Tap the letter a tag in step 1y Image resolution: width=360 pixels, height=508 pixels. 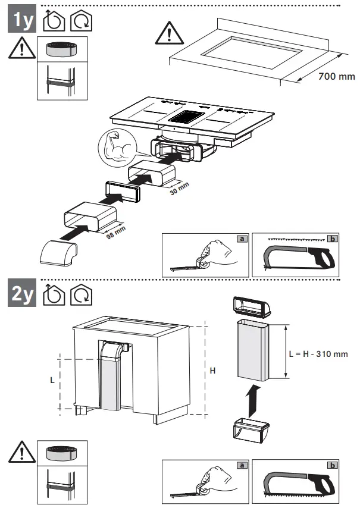tap(242, 239)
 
